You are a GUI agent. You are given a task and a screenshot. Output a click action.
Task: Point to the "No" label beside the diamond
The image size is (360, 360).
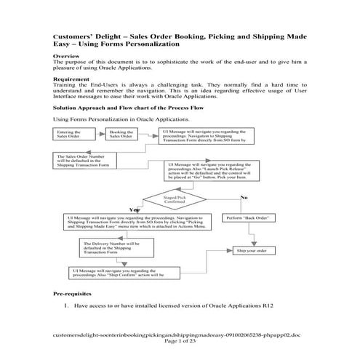point(244,197)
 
